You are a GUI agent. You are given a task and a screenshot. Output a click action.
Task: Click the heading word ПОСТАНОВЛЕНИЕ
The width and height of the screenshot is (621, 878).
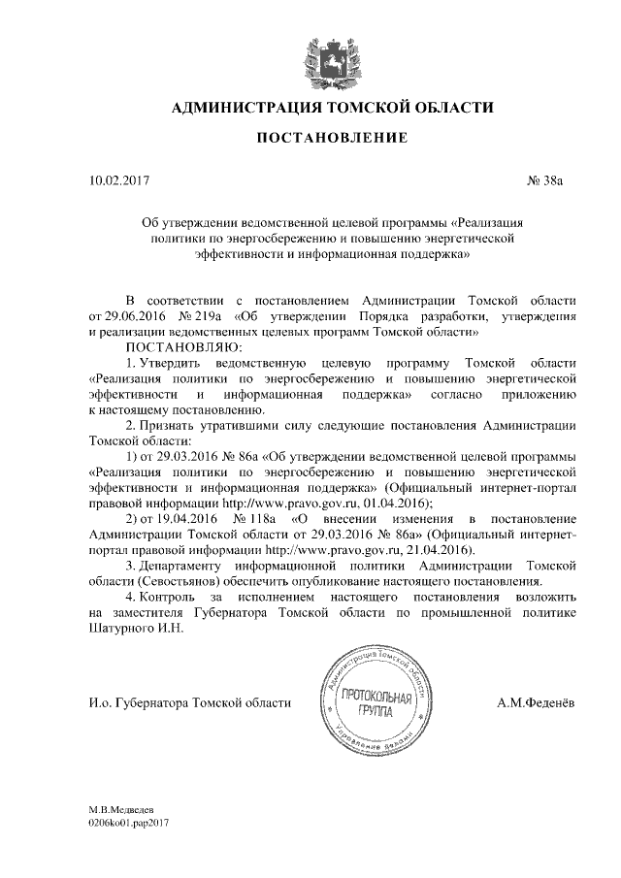coord(331,140)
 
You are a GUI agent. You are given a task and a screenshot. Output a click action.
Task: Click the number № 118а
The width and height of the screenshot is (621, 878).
coord(256,519)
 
